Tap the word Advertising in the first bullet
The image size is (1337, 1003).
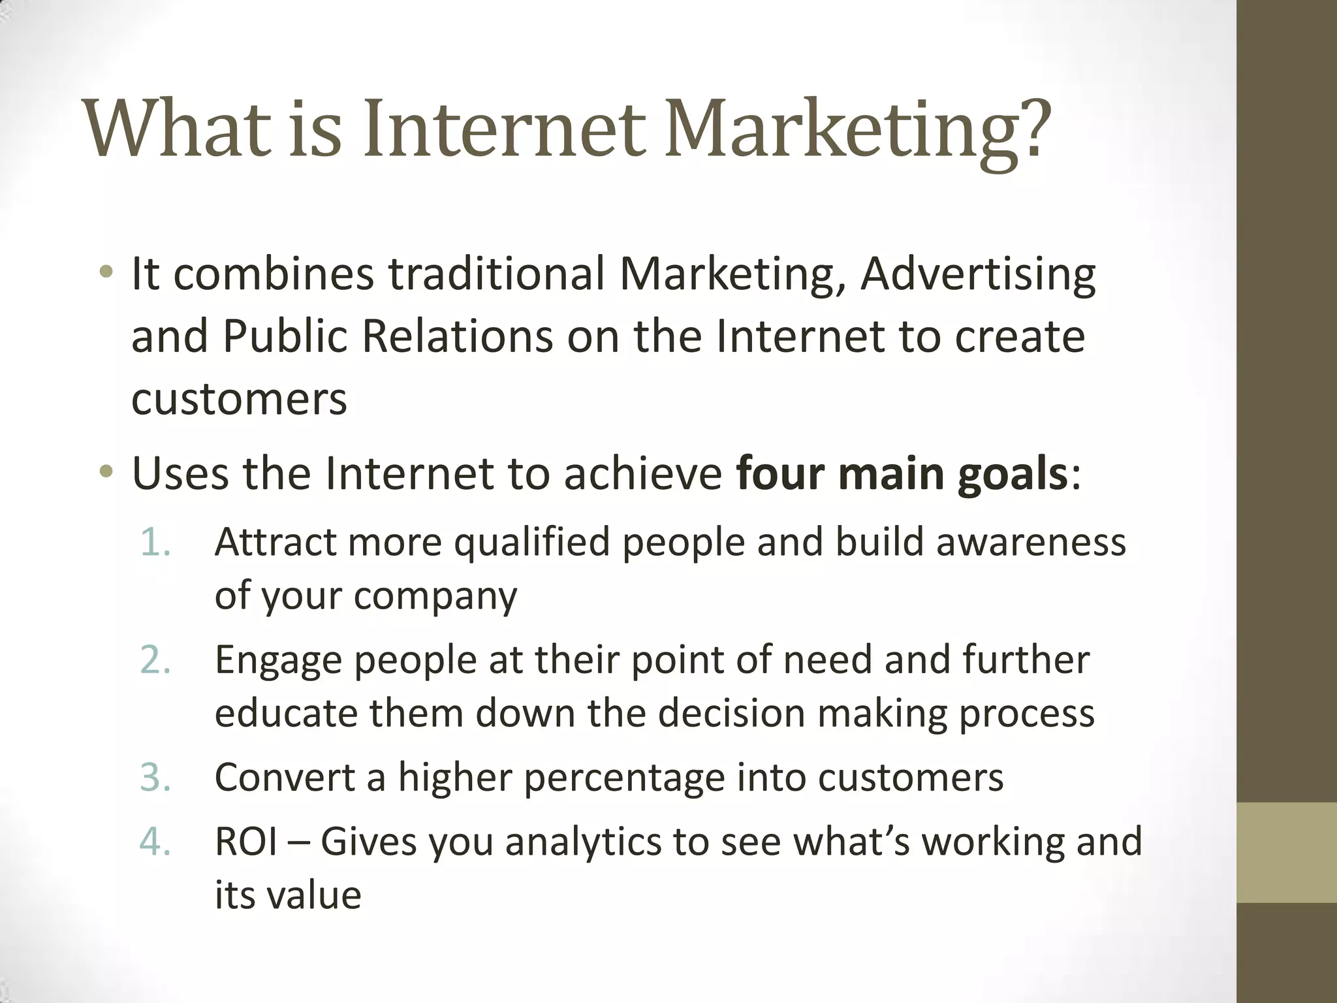pos(978,274)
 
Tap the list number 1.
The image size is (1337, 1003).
pos(155,543)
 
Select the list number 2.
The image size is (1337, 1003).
pos(155,660)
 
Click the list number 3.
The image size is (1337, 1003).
pos(155,778)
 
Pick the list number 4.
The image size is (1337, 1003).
pos(155,841)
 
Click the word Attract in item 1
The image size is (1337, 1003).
pos(274,542)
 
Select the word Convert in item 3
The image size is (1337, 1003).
pos(284,778)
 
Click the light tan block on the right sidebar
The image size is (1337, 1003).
pos(1286,852)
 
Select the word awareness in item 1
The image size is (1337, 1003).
pos(1031,543)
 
